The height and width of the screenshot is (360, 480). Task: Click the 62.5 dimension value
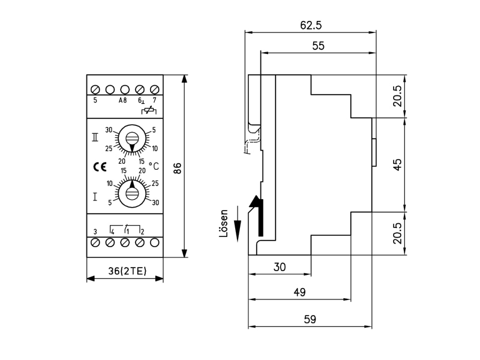(311, 25)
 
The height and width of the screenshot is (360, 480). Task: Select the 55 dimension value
(318, 46)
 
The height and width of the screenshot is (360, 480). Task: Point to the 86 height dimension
(177, 168)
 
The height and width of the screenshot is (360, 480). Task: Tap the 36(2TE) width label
(127, 271)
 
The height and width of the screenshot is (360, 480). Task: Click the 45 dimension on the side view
(397, 164)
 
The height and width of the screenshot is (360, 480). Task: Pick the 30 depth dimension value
(280, 267)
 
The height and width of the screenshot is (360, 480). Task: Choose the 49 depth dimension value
(299, 292)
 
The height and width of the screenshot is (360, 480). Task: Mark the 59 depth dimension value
(310, 319)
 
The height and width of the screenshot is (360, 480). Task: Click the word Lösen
(224, 223)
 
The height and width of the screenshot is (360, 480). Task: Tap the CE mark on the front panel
(100, 167)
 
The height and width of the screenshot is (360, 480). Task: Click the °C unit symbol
(154, 166)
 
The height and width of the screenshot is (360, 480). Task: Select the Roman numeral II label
(95, 137)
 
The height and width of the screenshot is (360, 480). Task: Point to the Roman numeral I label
(95, 197)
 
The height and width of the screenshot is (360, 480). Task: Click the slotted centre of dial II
(132, 138)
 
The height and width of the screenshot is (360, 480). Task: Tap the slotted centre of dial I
(132, 193)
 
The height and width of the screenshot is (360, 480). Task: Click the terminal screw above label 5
(95, 89)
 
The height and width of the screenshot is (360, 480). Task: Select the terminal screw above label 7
(155, 89)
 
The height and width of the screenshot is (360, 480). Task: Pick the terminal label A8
(122, 100)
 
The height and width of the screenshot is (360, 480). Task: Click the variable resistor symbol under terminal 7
(149, 110)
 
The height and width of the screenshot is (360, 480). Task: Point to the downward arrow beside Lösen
(238, 224)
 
